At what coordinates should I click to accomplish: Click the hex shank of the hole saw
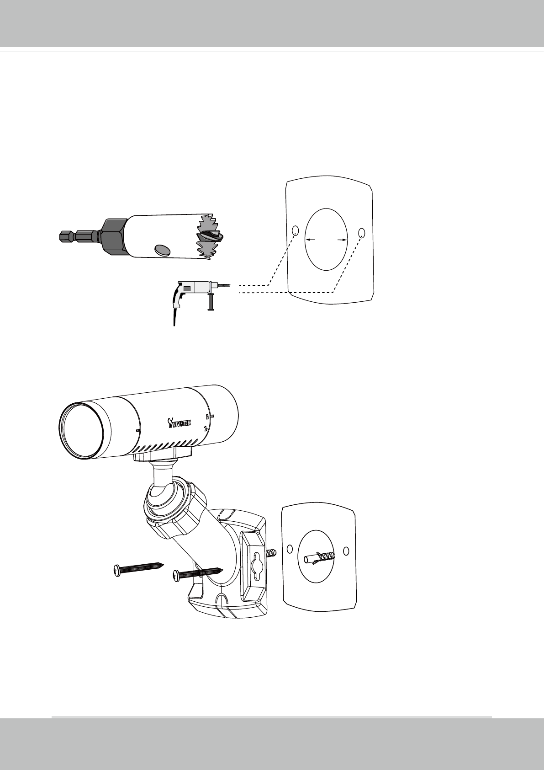tap(79, 236)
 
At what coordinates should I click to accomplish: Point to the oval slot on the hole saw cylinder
tap(163, 250)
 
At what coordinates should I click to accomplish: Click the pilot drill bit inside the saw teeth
tap(210, 237)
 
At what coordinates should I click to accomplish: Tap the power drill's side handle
tap(211, 302)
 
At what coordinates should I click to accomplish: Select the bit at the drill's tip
tap(223, 285)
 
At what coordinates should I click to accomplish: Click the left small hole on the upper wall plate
tap(295, 230)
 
